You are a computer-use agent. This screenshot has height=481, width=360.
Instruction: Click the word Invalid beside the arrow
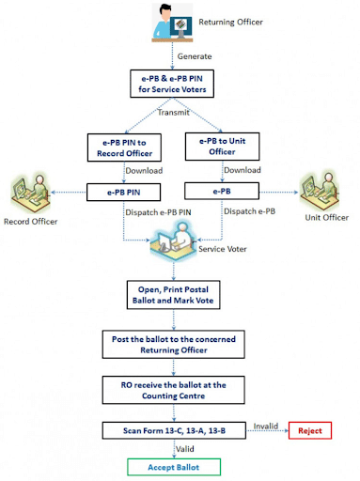point(266,425)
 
